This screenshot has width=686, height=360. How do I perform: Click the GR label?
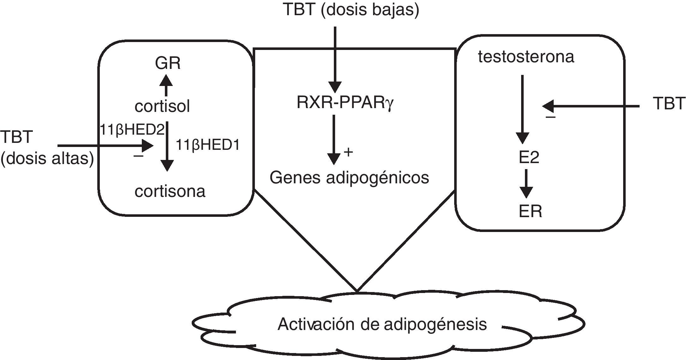pos(168,63)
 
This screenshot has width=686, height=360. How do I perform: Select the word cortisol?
pos(162,106)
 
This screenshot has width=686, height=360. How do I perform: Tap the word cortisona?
pos(170,191)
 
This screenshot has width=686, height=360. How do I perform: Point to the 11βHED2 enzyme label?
pos(132,130)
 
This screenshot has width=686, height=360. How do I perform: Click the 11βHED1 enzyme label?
pos(208,145)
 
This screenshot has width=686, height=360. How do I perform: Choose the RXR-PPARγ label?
pos(345,103)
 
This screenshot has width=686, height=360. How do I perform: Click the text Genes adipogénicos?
pos(349,178)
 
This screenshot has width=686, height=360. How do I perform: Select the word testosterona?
pos(526,57)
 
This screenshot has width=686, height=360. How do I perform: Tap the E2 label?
pos(529,157)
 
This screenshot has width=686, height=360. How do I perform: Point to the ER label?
pos(530,211)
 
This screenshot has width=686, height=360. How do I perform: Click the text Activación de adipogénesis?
pos(382,324)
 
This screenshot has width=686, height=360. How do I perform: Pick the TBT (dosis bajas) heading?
pos(352,9)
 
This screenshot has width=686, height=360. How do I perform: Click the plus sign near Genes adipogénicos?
pos(348,152)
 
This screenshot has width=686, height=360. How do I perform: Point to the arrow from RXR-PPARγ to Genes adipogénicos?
pos(334,140)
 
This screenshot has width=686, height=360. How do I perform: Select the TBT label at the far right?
pos(669,104)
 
